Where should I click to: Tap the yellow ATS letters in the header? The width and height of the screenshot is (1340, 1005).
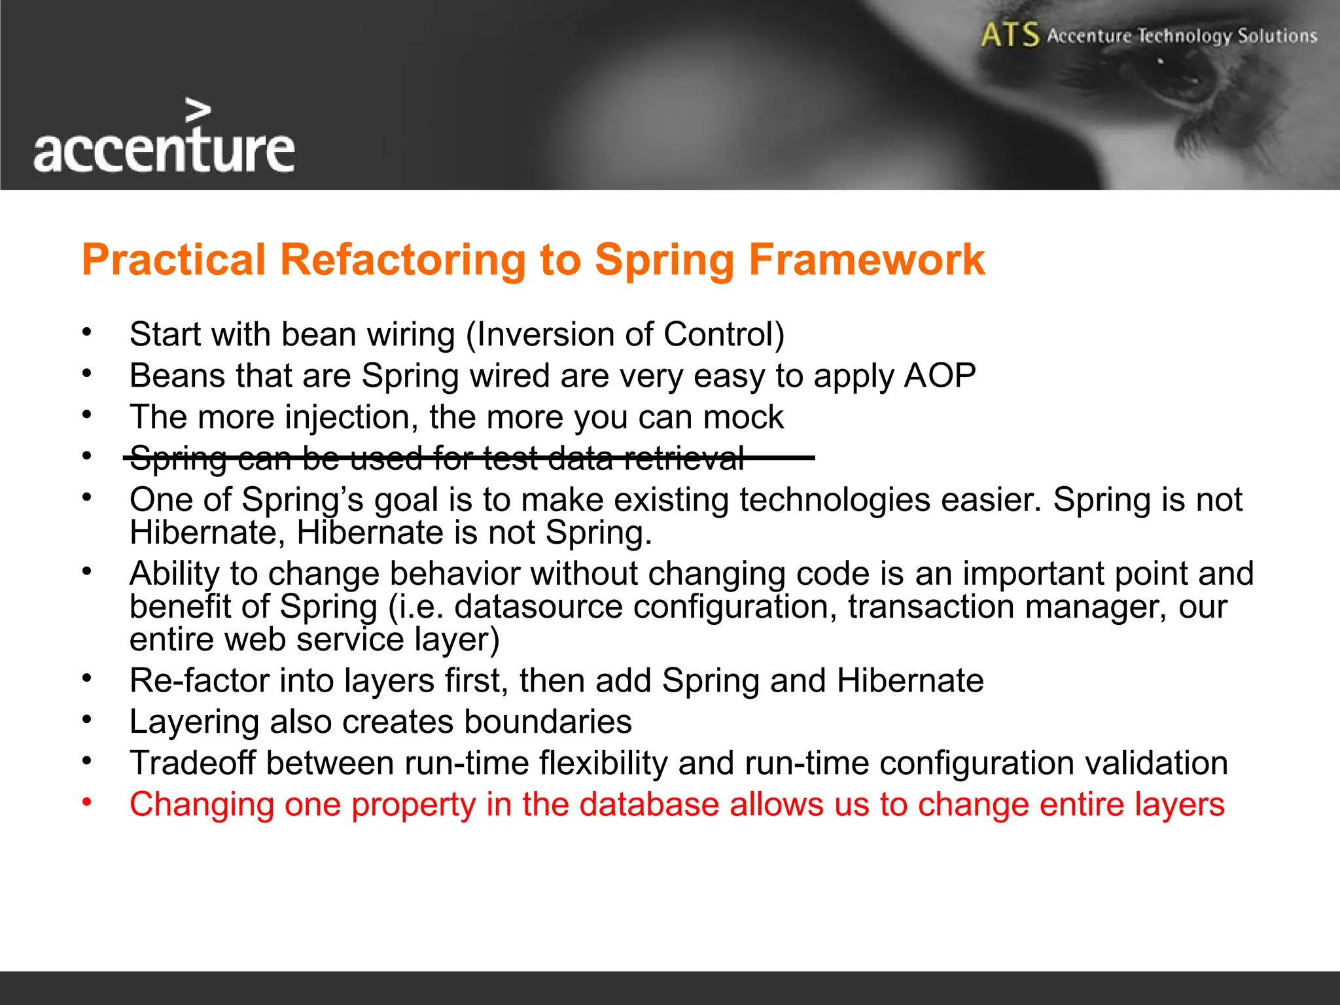[1010, 35]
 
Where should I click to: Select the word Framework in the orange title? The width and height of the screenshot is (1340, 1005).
[866, 260]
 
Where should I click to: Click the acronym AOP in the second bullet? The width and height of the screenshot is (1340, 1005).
[940, 376]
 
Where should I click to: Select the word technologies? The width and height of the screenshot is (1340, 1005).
[835, 500]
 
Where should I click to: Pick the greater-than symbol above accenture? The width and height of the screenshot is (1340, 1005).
[198, 111]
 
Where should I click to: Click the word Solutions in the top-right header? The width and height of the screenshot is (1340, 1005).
[1277, 36]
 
